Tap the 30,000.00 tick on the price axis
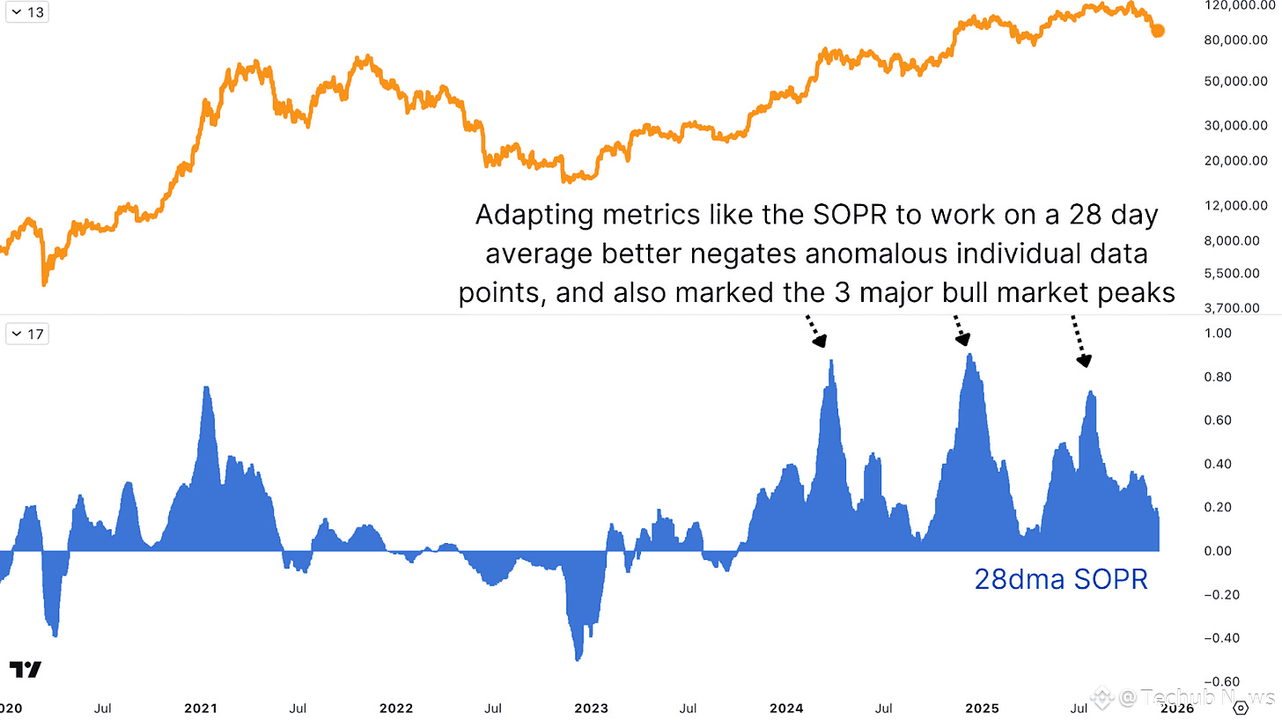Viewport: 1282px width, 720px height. click(x=1235, y=126)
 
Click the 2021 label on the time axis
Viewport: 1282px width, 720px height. click(x=202, y=708)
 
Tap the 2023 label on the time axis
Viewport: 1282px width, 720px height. click(x=591, y=708)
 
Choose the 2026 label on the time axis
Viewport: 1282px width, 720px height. click(x=1176, y=708)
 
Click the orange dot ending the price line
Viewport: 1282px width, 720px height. click(x=1158, y=31)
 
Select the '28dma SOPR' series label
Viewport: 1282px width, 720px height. click(x=1060, y=579)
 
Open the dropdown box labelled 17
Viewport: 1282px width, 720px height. click(x=27, y=334)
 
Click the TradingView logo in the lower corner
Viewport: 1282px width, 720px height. click(x=26, y=670)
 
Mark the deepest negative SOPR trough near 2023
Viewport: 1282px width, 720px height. click(x=578, y=659)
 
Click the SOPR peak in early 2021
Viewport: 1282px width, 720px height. click(x=206, y=387)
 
